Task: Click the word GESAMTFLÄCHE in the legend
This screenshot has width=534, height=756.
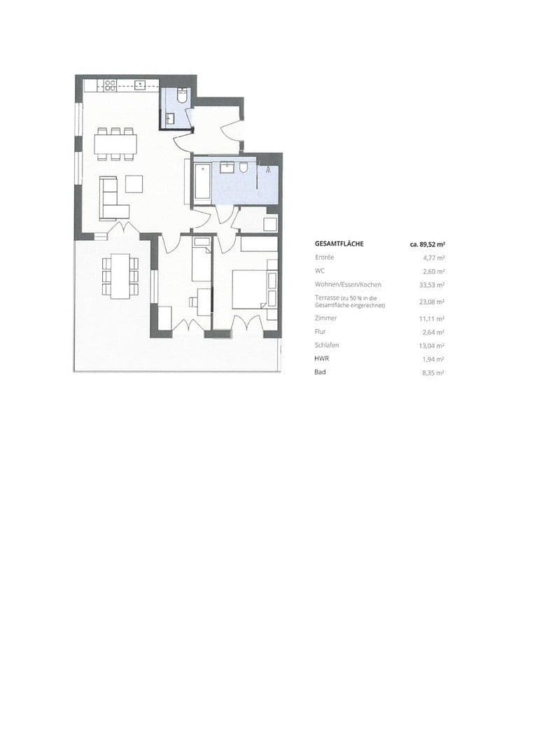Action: [x=339, y=244]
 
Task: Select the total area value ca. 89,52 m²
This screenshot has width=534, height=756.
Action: [x=428, y=245]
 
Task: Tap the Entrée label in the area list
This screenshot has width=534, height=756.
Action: [x=325, y=258]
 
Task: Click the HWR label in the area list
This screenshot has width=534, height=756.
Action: [x=321, y=358]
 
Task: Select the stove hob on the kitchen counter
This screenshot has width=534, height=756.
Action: [x=110, y=85]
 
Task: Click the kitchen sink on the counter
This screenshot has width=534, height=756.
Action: [x=140, y=85]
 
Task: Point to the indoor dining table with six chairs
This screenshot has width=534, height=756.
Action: [x=116, y=143]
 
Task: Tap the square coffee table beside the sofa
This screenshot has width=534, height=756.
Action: [x=134, y=183]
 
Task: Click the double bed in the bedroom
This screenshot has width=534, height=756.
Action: [x=251, y=288]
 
